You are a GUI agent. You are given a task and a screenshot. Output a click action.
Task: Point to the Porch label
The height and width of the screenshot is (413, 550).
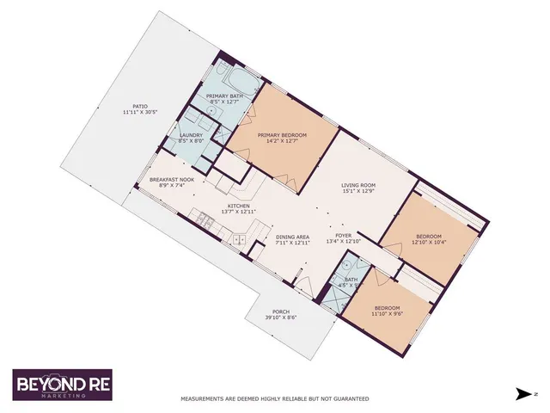point(280,311)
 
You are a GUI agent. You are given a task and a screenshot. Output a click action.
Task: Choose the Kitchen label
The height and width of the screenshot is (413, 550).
point(238,206)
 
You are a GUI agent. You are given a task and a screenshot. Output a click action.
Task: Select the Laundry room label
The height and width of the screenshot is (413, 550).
point(191,135)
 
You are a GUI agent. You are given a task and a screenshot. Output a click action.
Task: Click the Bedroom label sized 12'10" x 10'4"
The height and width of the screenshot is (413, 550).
point(429,236)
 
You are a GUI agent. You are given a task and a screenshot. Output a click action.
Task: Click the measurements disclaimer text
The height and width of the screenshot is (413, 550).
point(274,398)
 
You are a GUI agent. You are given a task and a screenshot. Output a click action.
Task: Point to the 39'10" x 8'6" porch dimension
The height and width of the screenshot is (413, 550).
point(280,318)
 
